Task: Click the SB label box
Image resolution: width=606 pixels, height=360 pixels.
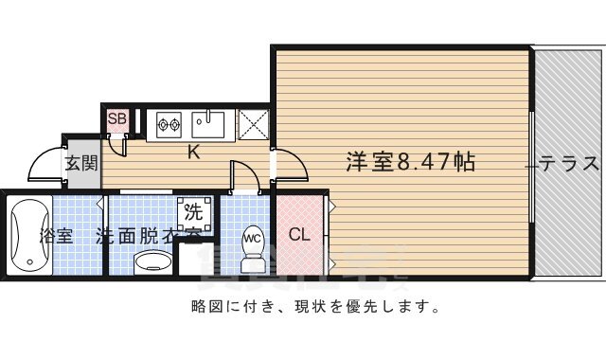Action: click(x=117, y=118)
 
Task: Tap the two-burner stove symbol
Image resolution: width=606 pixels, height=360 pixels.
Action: click(x=169, y=122)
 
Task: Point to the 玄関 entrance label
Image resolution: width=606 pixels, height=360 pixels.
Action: click(x=81, y=163)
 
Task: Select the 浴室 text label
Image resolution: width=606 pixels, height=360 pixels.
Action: click(x=55, y=236)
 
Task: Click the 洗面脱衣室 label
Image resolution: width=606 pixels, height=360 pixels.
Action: click(x=148, y=236)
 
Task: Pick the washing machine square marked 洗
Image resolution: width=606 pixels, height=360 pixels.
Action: click(x=192, y=210)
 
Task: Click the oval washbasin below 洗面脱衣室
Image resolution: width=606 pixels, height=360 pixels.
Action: click(x=151, y=261)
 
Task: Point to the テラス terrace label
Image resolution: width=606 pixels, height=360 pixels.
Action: click(x=570, y=163)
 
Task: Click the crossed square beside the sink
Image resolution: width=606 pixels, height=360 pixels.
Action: click(x=253, y=124)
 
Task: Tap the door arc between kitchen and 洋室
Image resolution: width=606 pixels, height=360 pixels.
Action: click(x=292, y=166)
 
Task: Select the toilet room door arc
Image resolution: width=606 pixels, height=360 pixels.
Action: click(x=244, y=177)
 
